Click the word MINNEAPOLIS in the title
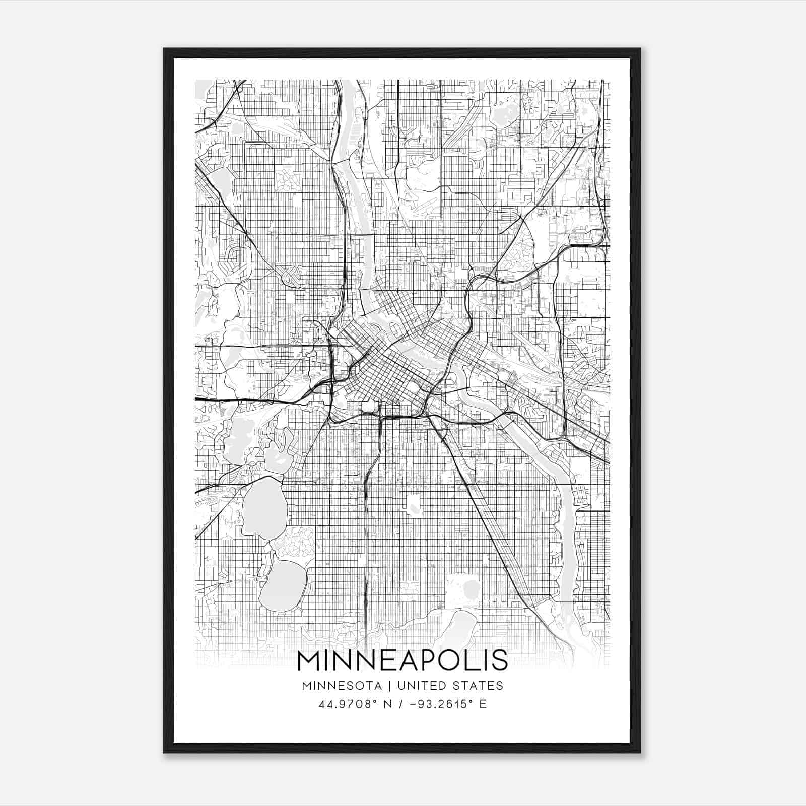402,660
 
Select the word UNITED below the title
422,686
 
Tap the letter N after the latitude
388,704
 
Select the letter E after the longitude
483,704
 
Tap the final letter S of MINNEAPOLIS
500,660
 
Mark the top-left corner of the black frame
164,49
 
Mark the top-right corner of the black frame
639,49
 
